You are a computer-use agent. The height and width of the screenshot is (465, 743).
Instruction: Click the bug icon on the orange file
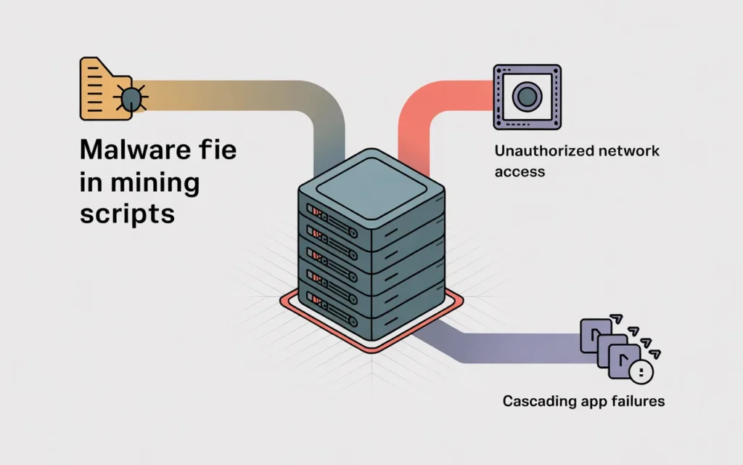131,98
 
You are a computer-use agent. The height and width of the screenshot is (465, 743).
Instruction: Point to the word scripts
126,214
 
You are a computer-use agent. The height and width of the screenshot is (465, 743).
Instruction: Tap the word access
519,172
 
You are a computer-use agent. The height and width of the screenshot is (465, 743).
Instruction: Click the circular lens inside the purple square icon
528,96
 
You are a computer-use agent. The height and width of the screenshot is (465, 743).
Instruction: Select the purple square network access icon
528,97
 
